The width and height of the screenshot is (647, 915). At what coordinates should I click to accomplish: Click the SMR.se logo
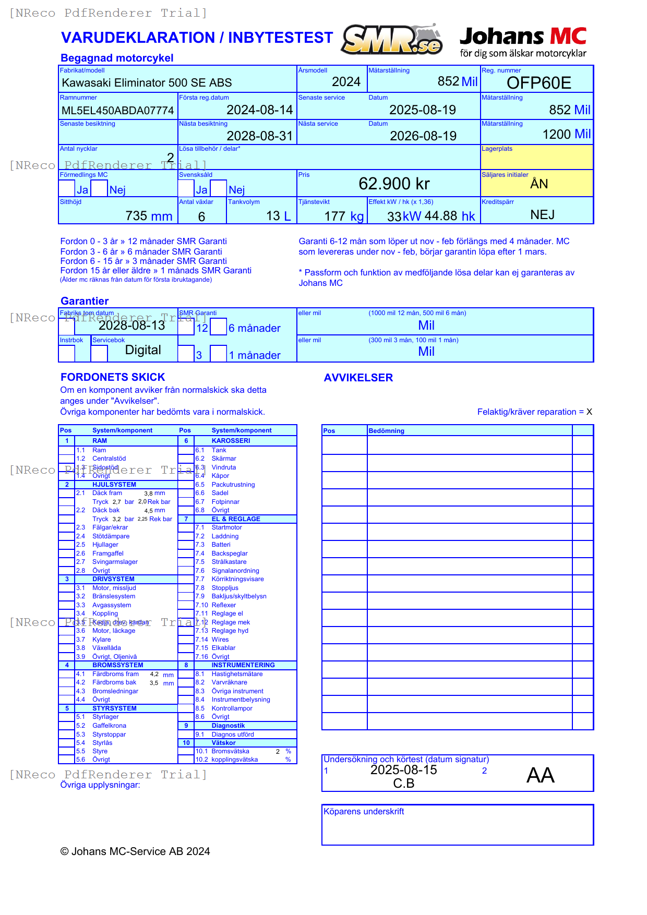point(392,40)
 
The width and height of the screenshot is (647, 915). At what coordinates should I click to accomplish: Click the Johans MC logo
point(523,42)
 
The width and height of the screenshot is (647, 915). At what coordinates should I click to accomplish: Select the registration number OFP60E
point(538,83)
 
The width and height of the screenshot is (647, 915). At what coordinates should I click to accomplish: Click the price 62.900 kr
point(394,184)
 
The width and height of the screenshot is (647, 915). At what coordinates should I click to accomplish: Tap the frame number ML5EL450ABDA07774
point(117,111)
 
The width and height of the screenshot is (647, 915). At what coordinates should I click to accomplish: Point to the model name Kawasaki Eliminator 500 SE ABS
point(147,83)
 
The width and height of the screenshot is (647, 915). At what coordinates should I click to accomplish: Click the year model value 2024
point(346,82)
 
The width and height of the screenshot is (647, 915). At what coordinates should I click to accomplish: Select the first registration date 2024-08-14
point(259,110)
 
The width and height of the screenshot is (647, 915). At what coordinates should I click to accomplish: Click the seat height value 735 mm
point(149,216)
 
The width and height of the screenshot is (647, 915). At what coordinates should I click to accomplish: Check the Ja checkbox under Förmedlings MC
point(67,188)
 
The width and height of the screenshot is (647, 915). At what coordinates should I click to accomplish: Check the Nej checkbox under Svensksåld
point(219,188)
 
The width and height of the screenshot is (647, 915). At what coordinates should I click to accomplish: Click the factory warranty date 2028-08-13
point(131,326)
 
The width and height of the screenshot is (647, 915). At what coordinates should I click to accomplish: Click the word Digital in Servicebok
point(143,350)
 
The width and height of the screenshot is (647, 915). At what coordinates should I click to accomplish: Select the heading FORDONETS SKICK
point(113,377)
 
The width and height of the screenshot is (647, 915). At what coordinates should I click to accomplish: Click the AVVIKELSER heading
point(358,378)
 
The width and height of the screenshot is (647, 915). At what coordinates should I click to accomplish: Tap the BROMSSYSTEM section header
point(117,665)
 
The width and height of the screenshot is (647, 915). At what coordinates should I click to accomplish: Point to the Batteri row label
point(221,545)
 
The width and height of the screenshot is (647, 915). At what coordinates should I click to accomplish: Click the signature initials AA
point(540,775)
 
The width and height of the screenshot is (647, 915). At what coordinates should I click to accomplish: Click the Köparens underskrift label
point(364,812)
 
